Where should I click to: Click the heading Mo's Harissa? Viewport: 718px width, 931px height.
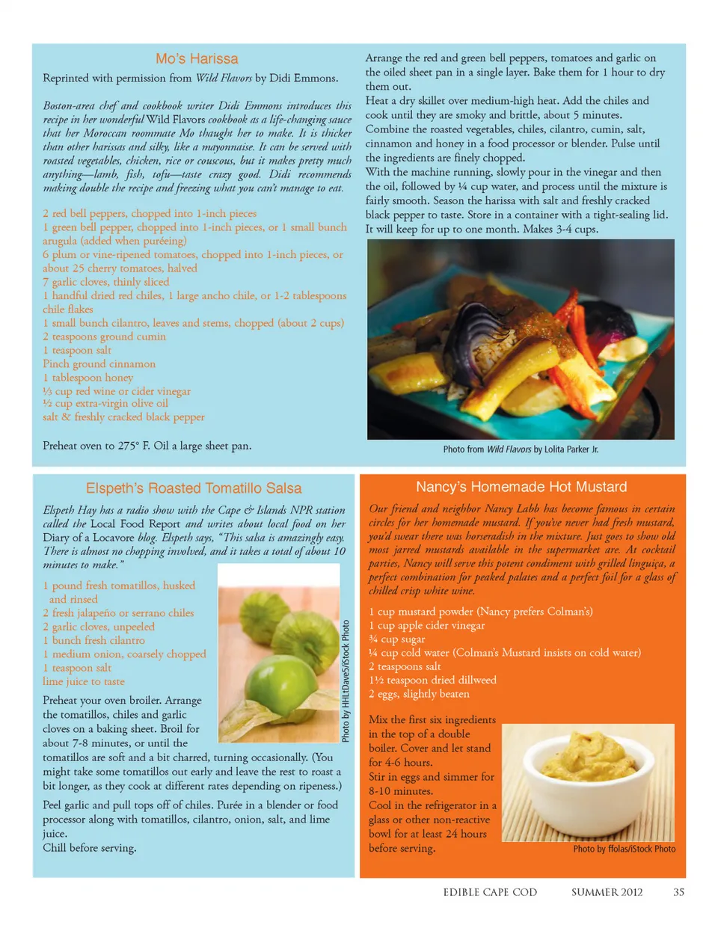197,59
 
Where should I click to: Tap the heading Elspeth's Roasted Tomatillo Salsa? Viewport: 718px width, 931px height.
194,488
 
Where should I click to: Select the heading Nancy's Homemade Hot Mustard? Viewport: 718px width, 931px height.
521,487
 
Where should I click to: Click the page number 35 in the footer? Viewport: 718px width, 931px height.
678,891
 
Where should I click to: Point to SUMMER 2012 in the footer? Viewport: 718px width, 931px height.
607,891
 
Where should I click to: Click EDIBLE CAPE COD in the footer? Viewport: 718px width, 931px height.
490,891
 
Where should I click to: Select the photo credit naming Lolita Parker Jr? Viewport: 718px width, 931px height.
521,449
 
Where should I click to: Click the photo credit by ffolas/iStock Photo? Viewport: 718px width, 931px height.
624,849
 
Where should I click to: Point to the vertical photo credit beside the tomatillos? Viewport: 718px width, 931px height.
346,680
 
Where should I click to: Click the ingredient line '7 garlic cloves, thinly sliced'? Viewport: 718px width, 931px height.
106,282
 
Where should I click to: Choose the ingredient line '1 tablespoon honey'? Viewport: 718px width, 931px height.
88,378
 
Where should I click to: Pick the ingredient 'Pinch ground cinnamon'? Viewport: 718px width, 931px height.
99,364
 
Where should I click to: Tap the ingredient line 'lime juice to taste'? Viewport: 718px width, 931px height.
84,681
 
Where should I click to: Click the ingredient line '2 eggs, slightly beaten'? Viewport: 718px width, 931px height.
419,694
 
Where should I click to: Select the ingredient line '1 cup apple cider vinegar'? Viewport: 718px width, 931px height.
426,625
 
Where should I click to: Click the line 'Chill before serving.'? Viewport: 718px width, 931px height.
90,848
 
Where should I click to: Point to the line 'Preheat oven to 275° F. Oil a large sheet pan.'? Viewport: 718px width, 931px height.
147,446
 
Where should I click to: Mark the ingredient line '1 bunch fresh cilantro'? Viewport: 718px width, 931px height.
94,640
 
